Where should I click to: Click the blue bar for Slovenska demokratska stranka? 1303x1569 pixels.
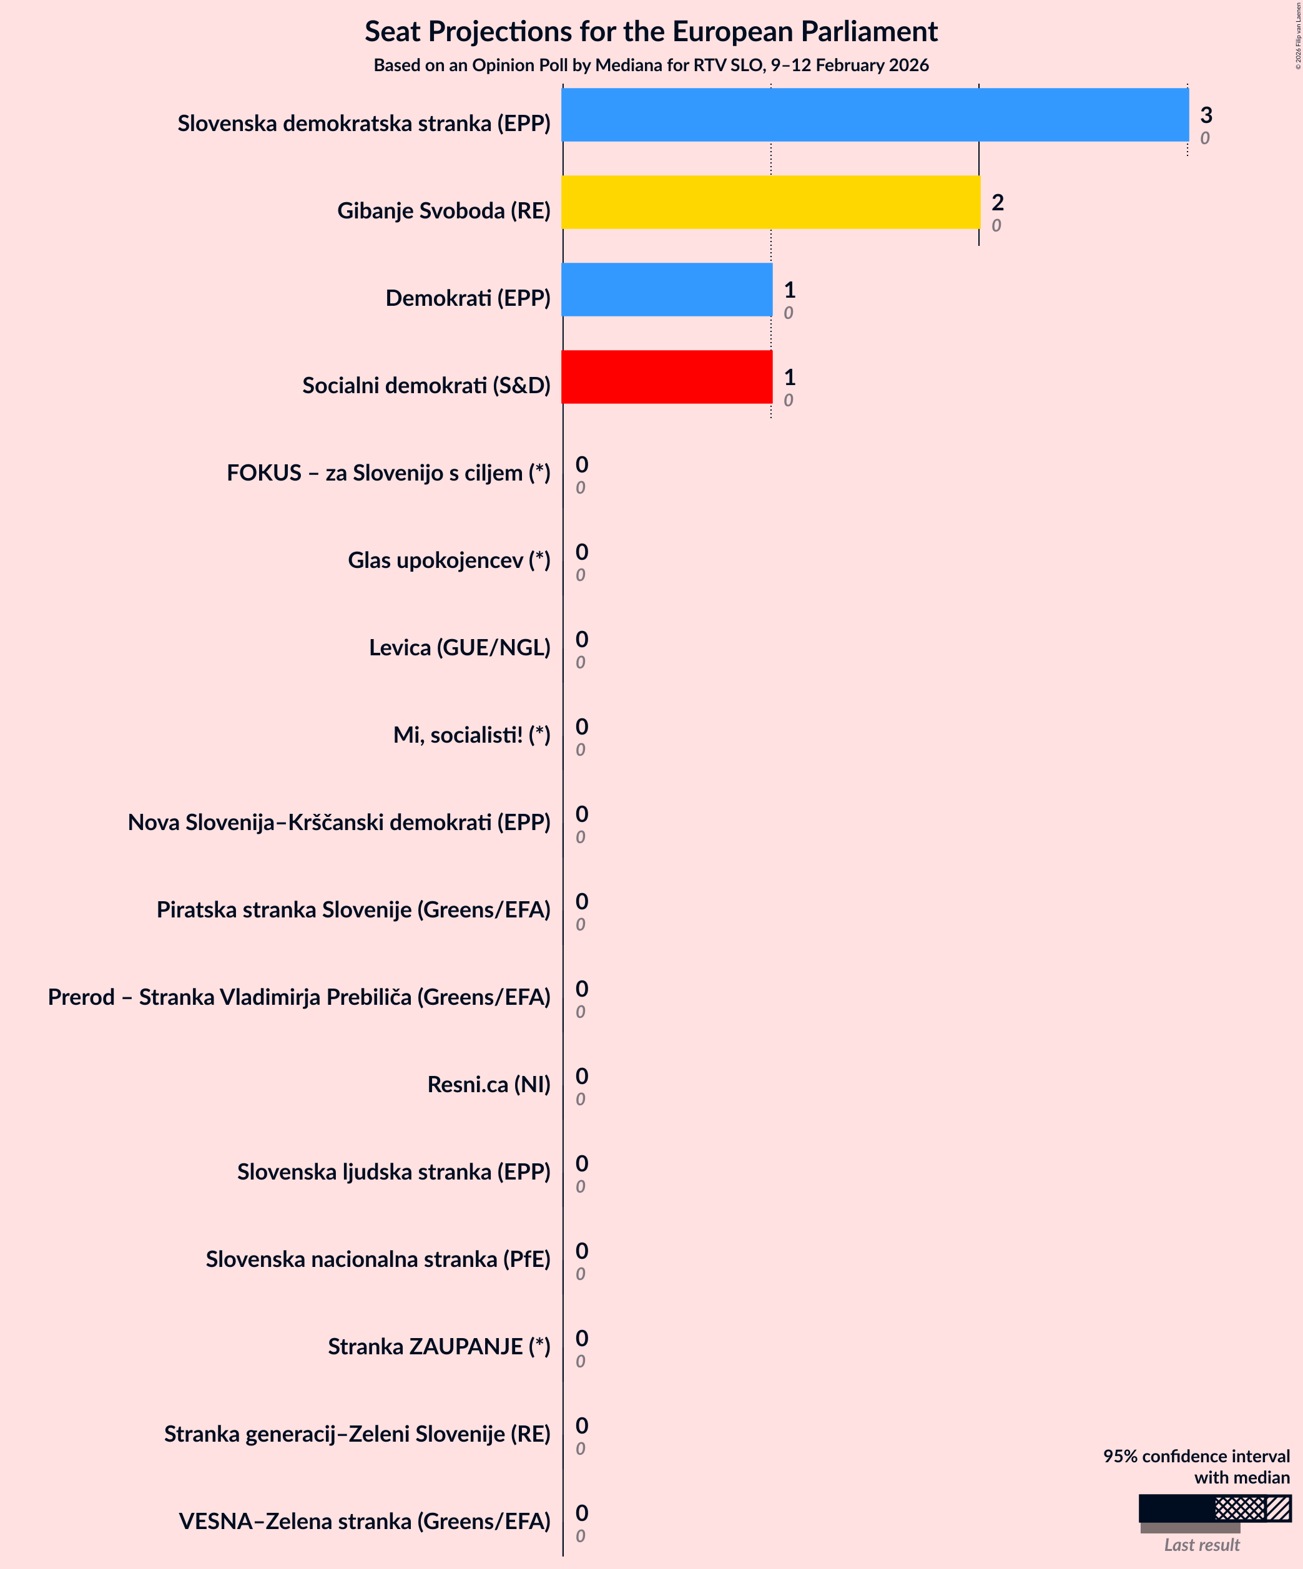pyautogui.click(x=875, y=115)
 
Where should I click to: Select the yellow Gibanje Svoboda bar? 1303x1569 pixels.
pyautogui.click(x=770, y=202)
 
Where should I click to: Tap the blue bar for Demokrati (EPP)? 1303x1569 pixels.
pyautogui.click(x=667, y=290)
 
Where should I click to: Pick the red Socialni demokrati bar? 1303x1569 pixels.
pyautogui.click(x=667, y=378)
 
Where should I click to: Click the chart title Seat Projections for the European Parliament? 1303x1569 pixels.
pyautogui.click(x=651, y=31)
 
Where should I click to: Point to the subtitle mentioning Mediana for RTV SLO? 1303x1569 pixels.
pyautogui.click(x=651, y=66)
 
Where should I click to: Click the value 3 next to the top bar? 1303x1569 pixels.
pyautogui.click(x=1206, y=115)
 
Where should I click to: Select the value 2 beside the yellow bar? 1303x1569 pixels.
pyautogui.click(x=997, y=202)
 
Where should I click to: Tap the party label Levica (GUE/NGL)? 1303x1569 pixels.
pyautogui.click(x=459, y=648)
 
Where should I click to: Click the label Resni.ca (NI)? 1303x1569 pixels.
pyautogui.click(x=488, y=1084)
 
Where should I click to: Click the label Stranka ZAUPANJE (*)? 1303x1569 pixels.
pyautogui.click(x=439, y=1346)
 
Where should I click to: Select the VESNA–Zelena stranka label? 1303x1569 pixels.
pyautogui.click(x=364, y=1521)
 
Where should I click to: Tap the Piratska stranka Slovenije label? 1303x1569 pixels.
pyautogui.click(x=353, y=910)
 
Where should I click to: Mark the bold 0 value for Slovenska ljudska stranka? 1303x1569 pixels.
pyautogui.click(x=582, y=1163)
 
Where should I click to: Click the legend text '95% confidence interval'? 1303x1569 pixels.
pyautogui.click(x=1196, y=1456)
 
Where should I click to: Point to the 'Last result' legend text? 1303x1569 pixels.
pyautogui.click(x=1201, y=1545)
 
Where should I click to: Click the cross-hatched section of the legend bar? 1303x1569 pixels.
pyautogui.click(x=1239, y=1508)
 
